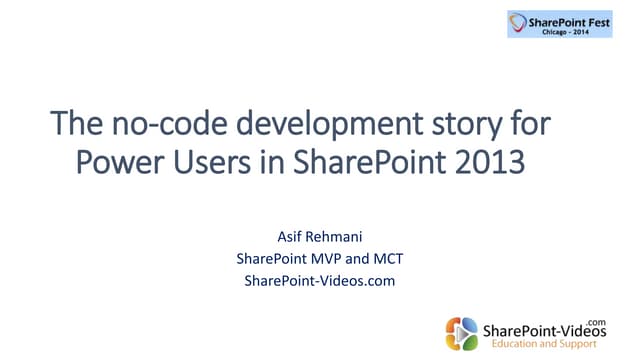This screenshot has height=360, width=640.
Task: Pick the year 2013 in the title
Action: (489, 161)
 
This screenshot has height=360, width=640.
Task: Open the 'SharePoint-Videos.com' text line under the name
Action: (320, 280)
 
